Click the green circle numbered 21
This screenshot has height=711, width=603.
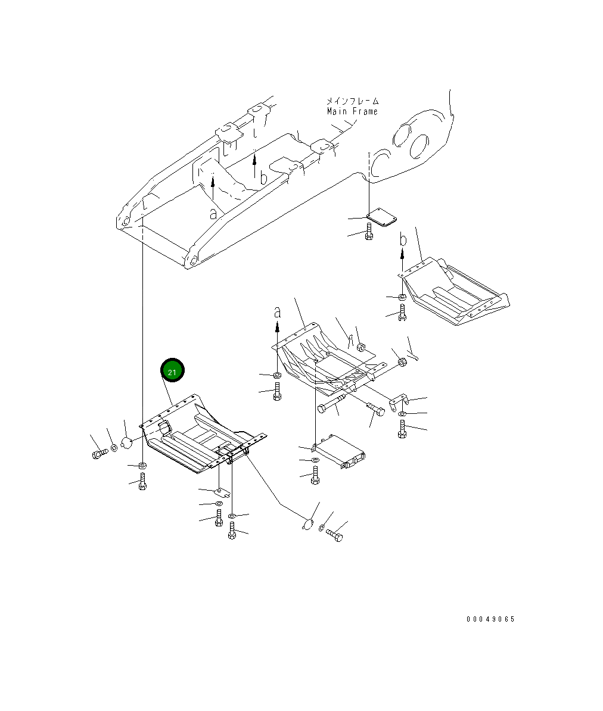pos(172,371)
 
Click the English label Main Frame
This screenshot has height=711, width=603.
pos(352,111)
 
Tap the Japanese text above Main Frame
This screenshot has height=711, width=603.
pos(352,101)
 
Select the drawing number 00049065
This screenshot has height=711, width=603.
pos(490,619)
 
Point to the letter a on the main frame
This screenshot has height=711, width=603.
pos(213,213)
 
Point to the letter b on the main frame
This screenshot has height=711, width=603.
pos(264,177)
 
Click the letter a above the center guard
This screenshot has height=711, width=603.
pos(276,311)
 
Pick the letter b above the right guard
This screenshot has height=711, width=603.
pos(403,241)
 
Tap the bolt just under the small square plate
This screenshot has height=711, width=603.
pos(369,233)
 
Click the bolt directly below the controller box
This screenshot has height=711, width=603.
pos(315,475)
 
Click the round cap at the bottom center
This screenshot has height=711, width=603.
pos(307,524)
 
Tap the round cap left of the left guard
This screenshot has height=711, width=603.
pos(126,442)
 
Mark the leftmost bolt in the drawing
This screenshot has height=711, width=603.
pos(98,455)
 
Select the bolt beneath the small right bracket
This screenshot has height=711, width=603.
pos(402,429)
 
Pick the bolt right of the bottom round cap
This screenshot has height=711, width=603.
pos(336,537)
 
